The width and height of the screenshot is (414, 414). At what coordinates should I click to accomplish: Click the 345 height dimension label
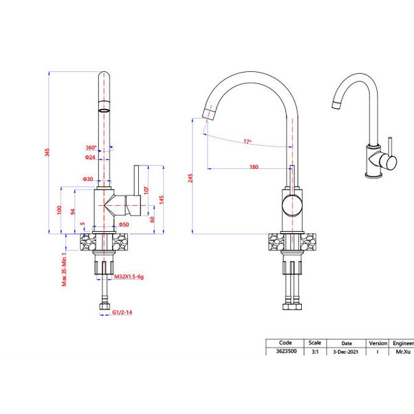pyautogui.click(x=46, y=153)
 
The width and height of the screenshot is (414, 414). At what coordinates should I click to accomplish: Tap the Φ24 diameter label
pyautogui.click(x=89, y=157)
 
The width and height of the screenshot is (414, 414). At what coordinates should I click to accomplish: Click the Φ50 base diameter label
pyautogui.click(x=124, y=224)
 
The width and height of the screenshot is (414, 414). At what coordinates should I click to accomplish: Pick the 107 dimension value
pyautogui.click(x=146, y=190)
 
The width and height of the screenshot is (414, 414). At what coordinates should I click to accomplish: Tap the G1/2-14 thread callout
pyautogui.click(x=122, y=313)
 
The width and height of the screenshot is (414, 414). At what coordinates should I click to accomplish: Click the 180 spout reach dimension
pyautogui.click(x=253, y=167)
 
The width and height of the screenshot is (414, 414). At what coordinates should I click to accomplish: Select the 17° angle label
pyautogui.click(x=247, y=141)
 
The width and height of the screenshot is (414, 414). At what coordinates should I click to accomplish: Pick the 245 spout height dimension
pyautogui.click(x=190, y=179)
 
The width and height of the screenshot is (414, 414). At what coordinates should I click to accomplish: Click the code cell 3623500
pyautogui.click(x=285, y=352)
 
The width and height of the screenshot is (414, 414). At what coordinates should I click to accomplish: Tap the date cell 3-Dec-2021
pyautogui.click(x=346, y=352)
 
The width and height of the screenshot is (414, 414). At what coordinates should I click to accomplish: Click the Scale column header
pyautogui.click(x=315, y=343)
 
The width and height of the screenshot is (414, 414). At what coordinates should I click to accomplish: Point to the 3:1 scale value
pyautogui.click(x=315, y=352)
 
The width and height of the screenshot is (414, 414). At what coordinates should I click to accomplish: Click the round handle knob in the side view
pyautogui.click(x=291, y=205)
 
